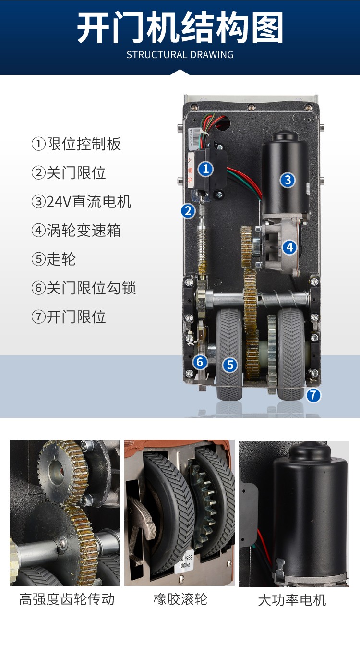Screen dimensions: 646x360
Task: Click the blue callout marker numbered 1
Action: [205, 169]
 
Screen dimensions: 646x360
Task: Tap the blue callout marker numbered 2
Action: [188, 211]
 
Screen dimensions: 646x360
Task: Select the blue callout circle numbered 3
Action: [287, 180]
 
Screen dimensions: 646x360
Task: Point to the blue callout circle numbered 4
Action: [289, 247]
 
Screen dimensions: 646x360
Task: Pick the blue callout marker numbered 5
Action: [230, 365]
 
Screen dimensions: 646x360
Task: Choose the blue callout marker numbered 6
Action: [200, 362]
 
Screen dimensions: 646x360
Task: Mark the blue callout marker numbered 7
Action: [313, 395]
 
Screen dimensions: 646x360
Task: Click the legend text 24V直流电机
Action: [81, 202]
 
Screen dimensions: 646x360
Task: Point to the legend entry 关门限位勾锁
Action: [84, 288]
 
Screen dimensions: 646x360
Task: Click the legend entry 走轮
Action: [54, 259]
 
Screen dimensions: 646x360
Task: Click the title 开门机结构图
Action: [180, 27]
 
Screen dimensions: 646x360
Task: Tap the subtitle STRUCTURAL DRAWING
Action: [180, 55]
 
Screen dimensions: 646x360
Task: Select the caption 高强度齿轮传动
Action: [67, 599]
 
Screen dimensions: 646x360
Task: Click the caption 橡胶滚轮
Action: [180, 599]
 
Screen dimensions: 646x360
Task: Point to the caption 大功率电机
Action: [292, 600]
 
